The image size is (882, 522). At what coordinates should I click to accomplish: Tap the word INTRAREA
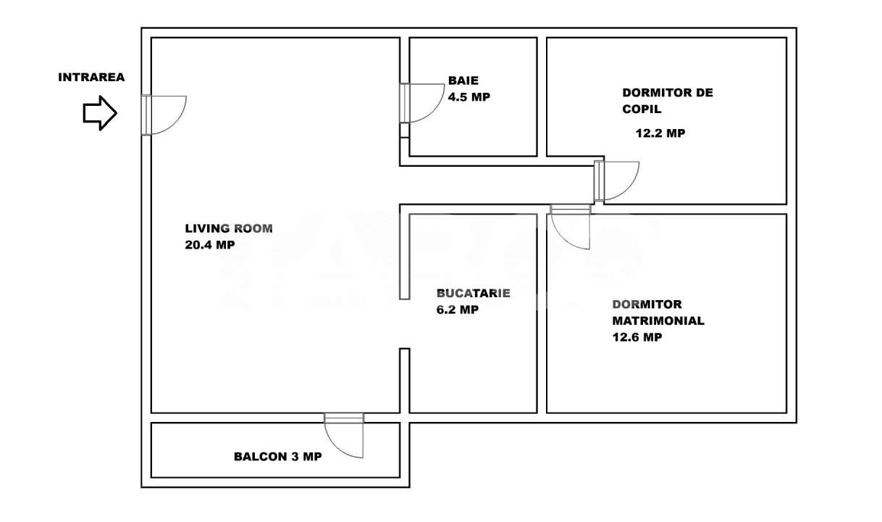(91, 77)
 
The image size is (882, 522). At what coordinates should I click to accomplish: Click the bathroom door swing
(423, 103)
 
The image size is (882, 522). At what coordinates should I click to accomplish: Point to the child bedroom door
(618, 181)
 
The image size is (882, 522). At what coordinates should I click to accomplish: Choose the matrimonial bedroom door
(570, 228)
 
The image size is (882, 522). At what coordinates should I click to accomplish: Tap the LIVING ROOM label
(229, 228)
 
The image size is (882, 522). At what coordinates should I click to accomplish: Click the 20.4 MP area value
(210, 245)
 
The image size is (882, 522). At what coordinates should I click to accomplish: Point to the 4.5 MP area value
(469, 97)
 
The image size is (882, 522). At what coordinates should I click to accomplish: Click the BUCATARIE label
(473, 294)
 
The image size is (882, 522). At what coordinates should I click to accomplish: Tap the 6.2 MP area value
(457, 310)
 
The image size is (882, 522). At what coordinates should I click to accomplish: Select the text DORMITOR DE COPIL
(667, 101)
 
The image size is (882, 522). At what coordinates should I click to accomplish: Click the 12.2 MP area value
(660, 133)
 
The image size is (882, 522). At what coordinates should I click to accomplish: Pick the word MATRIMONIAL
(658, 320)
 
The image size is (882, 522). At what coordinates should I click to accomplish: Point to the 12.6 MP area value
(637, 337)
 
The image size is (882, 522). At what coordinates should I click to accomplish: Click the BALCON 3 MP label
(277, 457)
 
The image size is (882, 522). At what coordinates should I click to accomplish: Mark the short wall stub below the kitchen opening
(405, 380)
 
